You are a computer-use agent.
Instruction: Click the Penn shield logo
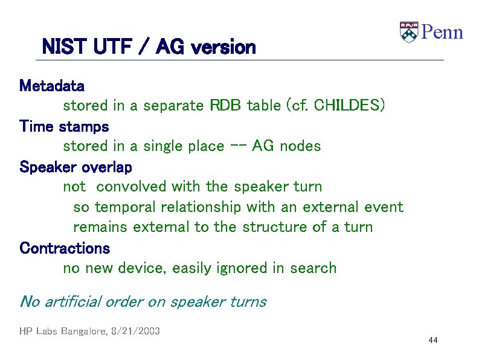tap(409, 32)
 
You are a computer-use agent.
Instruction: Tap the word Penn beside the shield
tap(442, 32)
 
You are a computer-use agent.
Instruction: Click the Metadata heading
tap(52, 85)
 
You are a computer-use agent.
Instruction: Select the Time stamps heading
tap(64, 126)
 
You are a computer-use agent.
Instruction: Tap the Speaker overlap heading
tap(76, 167)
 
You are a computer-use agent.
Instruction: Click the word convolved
tap(132, 187)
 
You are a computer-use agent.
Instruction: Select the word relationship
tap(198, 207)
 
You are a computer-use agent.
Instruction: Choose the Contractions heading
tap(65, 248)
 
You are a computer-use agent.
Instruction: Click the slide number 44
tap(432, 341)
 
